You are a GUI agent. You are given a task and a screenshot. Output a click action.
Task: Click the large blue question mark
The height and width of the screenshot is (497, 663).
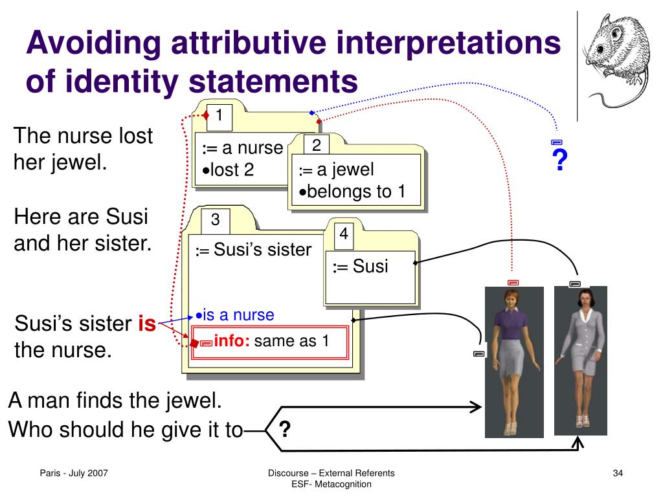pos(557,160)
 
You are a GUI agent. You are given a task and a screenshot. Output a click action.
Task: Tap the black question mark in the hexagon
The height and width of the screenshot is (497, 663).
pos(284,429)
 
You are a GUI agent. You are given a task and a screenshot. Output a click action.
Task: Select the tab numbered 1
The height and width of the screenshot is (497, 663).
pos(219,116)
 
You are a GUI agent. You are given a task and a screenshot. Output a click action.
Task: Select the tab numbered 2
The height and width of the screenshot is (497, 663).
pos(317,146)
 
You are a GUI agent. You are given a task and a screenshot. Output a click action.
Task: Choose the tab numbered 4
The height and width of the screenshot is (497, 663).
pos(344,234)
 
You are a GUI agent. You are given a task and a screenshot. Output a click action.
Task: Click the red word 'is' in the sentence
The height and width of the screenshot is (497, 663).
pos(147,324)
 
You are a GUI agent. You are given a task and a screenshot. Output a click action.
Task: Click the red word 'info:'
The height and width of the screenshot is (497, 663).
pos(232,340)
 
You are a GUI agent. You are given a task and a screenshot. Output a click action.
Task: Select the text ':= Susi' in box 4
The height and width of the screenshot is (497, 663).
pos(360,266)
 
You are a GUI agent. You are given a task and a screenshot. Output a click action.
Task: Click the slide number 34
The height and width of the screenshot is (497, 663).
pos(617,475)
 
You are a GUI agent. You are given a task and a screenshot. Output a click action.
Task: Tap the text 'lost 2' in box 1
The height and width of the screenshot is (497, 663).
pos(228,170)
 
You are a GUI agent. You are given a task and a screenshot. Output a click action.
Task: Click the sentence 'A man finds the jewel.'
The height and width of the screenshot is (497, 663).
pos(115,401)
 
